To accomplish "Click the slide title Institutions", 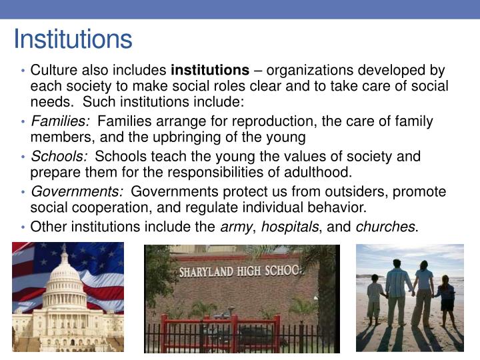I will tap(73, 39).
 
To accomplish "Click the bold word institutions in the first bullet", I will tap(210, 70).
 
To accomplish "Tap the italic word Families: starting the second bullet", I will tap(60, 121).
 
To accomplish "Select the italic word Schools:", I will tap(59, 157).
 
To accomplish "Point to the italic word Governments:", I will tap(77, 192).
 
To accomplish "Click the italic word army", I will tap(235, 226).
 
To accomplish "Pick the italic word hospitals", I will tap(289, 226).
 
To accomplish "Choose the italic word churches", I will tap(385, 226).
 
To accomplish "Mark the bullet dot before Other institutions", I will tap(24, 227).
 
